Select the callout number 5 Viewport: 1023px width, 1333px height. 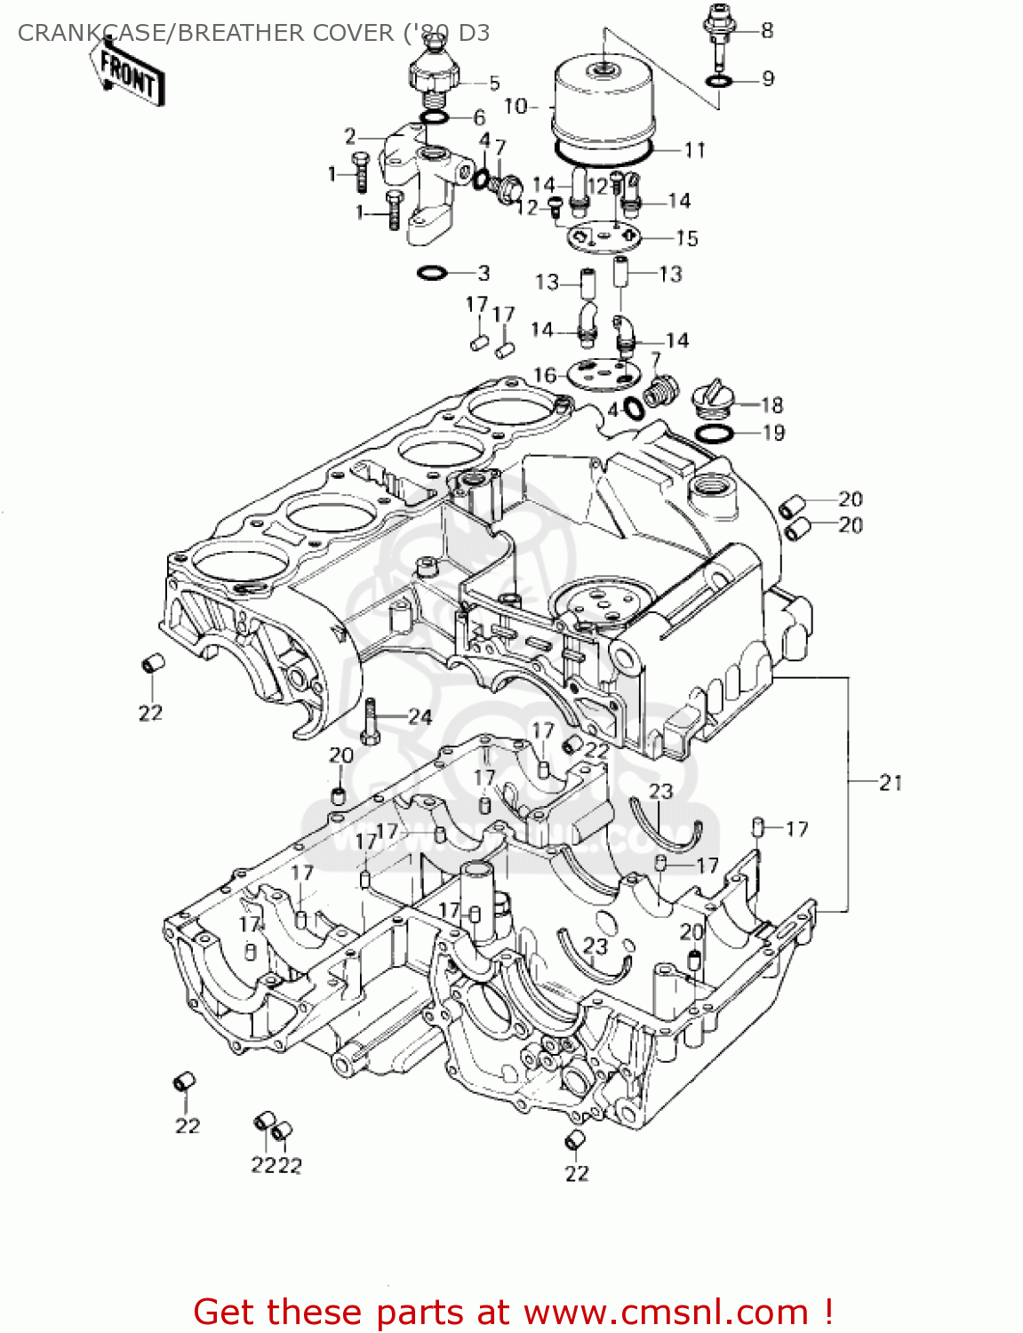coord(494,84)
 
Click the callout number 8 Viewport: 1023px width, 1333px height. coord(767,30)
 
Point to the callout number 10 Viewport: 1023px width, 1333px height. coord(515,107)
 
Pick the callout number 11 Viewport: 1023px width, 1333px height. coord(694,149)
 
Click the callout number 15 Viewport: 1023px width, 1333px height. coord(687,238)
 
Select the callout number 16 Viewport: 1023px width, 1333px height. coord(544,375)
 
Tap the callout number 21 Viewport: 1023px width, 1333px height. coord(891,783)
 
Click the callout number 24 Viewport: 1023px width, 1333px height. coord(420,717)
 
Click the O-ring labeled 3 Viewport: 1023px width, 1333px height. coord(432,272)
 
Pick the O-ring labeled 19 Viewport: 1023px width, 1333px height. coord(714,434)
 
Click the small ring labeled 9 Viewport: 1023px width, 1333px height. coord(719,82)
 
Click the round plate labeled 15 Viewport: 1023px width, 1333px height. coord(604,236)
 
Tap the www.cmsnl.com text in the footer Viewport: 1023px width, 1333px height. coord(665,1312)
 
